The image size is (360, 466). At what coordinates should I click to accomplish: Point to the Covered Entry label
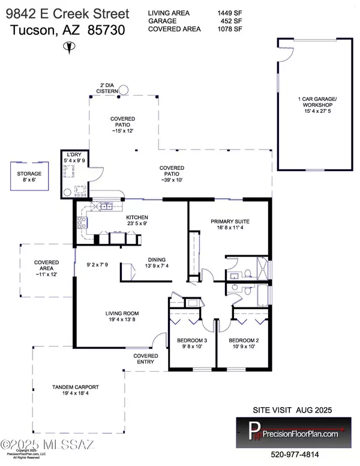[146, 359]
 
